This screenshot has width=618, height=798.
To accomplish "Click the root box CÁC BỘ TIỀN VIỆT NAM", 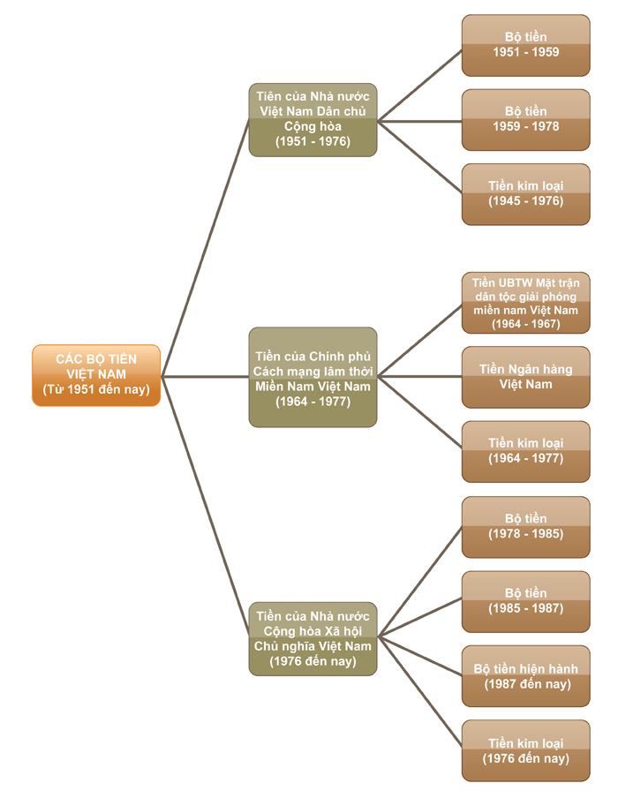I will (96, 374).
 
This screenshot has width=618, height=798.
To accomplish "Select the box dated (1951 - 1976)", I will (313, 119).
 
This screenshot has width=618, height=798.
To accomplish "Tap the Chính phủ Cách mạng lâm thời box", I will (313, 377).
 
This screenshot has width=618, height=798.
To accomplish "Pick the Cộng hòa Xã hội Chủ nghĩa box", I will (313, 638).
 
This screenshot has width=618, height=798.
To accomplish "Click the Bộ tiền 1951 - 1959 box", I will (525, 45).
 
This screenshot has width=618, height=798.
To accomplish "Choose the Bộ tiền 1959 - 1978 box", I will (525, 119).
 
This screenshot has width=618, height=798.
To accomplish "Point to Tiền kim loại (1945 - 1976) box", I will (525, 193).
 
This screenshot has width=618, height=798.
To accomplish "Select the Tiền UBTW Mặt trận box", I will (525, 303).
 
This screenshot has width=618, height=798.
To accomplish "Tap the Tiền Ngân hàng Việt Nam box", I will (525, 377).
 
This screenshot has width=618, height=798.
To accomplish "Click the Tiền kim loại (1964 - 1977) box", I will (525, 451).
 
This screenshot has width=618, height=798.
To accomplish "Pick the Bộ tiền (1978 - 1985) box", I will (525, 527).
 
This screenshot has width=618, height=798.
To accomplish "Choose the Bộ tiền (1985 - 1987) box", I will (525, 601).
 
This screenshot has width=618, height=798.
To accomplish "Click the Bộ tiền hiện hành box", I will (525, 676).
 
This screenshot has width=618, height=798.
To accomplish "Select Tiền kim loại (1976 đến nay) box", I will (525, 750).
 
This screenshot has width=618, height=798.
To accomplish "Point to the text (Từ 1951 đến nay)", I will (96, 389).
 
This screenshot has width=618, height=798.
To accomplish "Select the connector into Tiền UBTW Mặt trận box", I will (419, 340).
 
